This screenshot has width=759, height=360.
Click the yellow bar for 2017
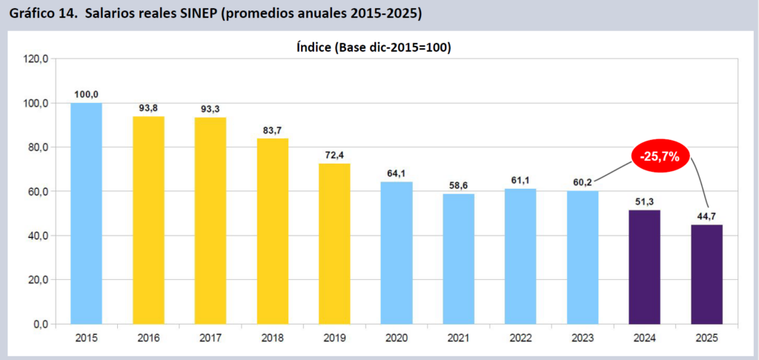click(211, 221)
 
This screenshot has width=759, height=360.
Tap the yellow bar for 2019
click(334, 244)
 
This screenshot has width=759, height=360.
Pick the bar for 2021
click(458, 259)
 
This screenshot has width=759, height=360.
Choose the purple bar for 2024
click(644, 267)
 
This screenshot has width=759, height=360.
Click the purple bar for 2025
click(706, 275)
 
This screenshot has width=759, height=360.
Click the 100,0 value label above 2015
click(86, 94)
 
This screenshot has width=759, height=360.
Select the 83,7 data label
click(272, 130)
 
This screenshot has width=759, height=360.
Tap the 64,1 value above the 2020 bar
click(397, 173)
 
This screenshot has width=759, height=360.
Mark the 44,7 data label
click(706, 216)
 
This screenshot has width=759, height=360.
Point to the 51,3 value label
click(644, 201)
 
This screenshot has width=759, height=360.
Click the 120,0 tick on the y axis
click(36, 59)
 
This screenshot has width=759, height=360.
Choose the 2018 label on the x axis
click(272, 339)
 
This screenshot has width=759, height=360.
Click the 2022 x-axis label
click(520, 339)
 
